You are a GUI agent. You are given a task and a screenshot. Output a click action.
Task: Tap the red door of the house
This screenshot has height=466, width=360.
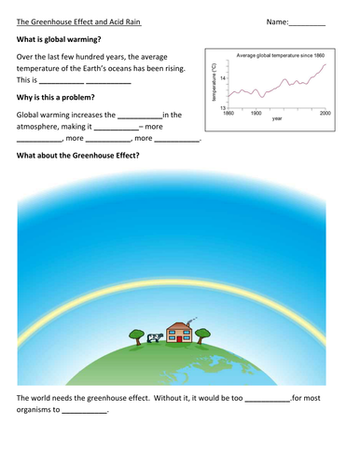tap(172, 336)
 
